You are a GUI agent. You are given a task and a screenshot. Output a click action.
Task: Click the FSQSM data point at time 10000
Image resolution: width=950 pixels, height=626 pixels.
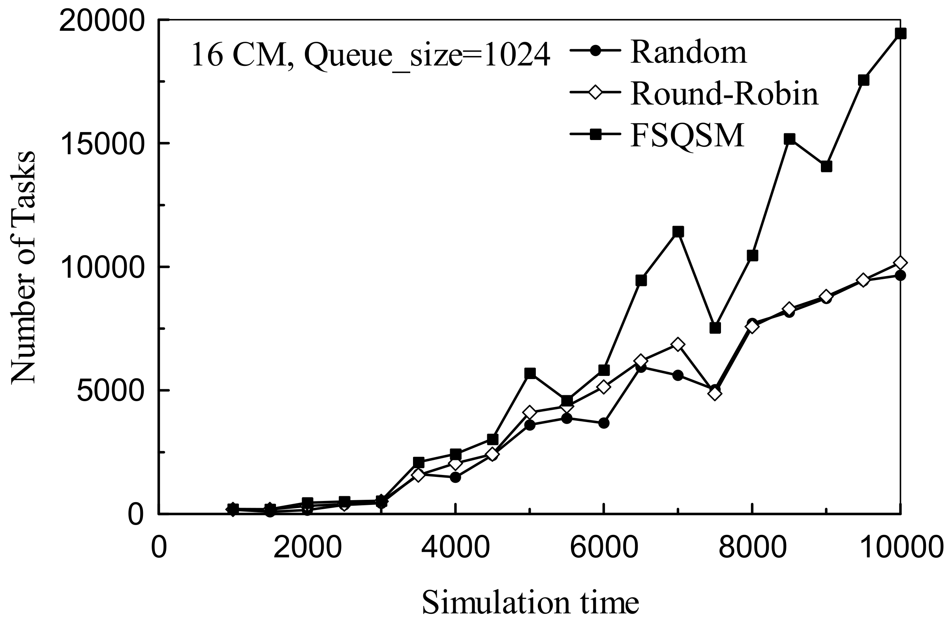pyautogui.click(x=900, y=34)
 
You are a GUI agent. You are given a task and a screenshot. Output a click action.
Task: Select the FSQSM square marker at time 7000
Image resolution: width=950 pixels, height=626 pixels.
pyautogui.click(x=678, y=232)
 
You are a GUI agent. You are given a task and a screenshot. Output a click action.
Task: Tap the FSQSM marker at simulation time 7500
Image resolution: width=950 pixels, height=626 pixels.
pyautogui.click(x=715, y=328)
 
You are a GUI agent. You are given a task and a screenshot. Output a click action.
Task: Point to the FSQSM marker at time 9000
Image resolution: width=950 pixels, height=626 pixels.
pyautogui.click(x=826, y=166)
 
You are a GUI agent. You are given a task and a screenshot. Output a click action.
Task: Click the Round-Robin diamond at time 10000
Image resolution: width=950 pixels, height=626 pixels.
pyautogui.click(x=900, y=263)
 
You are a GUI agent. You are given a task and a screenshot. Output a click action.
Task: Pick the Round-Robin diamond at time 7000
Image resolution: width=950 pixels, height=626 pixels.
pyautogui.click(x=678, y=344)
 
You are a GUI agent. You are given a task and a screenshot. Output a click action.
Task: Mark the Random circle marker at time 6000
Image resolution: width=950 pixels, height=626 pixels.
pyautogui.click(x=604, y=423)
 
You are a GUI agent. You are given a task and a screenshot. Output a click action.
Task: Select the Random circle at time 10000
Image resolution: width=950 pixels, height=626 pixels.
pyautogui.click(x=900, y=275)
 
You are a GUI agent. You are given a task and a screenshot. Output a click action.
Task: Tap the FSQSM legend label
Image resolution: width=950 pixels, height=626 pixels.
pyautogui.click(x=687, y=135)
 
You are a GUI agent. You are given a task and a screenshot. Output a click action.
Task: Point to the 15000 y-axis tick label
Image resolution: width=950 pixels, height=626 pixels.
pyautogui.click(x=102, y=144)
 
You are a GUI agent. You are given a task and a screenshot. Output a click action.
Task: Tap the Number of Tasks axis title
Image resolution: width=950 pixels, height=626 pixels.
pyautogui.click(x=23, y=267)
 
